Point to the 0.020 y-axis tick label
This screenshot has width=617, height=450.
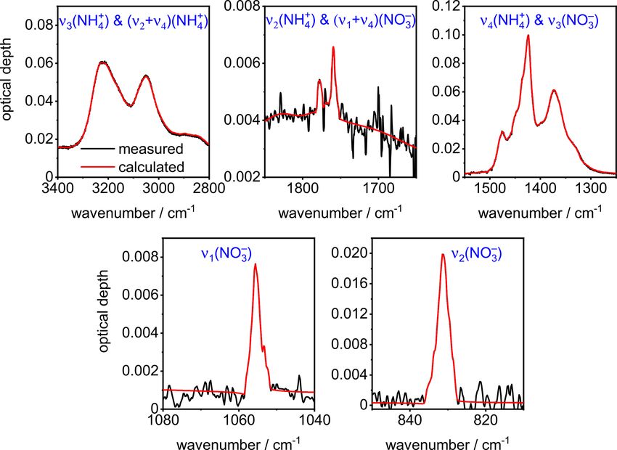point(348,253)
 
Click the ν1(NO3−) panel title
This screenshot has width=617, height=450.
point(226,255)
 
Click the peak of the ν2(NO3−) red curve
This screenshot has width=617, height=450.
point(443,254)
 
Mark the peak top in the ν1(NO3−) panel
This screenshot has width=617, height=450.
point(255,264)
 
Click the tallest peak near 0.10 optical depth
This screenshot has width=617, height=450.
point(528,35)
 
